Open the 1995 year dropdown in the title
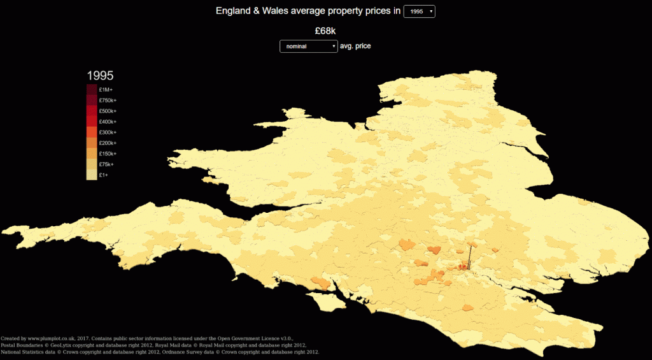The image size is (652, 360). click(x=419, y=11)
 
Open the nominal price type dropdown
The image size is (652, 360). click(x=309, y=47)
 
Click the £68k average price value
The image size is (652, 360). click(x=325, y=31)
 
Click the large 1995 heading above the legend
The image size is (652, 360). click(x=100, y=75)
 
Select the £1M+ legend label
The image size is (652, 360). click(x=106, y=90)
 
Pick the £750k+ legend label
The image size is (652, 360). click(x=108, y=101)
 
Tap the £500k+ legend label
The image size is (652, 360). click(x=108, y=111)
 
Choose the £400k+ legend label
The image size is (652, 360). click(x=108, y=122)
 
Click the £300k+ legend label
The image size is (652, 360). click(x=108, y=133)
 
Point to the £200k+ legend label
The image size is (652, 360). click(x=108, y=143)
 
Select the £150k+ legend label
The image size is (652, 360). click(x=108, y=154)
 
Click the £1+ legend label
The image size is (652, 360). click(x=104, y=175)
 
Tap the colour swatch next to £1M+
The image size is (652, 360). click(x=92, y=90)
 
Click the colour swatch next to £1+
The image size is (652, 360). click(x=92, y=175)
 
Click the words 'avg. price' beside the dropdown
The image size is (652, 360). click(x=355, y=47)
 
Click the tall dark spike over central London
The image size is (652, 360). click(x=469, y=256)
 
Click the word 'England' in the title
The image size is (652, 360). click(x=234, y=11)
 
